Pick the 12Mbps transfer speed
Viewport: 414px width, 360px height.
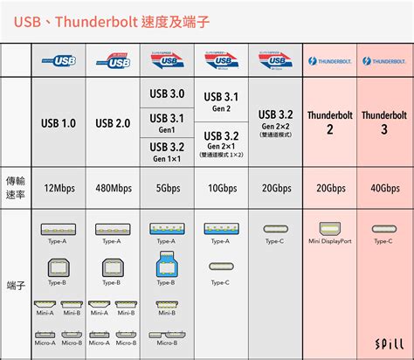58,188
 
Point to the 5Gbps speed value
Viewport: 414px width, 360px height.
167,188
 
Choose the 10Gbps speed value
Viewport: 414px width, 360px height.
222,188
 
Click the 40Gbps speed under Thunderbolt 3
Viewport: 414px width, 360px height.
383,188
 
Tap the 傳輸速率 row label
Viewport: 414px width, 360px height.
15,186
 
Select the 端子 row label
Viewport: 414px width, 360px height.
15,284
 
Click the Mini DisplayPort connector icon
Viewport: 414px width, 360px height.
330,228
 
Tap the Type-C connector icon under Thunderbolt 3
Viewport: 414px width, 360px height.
383,229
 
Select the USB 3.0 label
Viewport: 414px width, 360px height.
167,93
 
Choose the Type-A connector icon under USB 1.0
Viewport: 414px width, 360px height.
58,229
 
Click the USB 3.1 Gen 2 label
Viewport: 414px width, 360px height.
222,101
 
